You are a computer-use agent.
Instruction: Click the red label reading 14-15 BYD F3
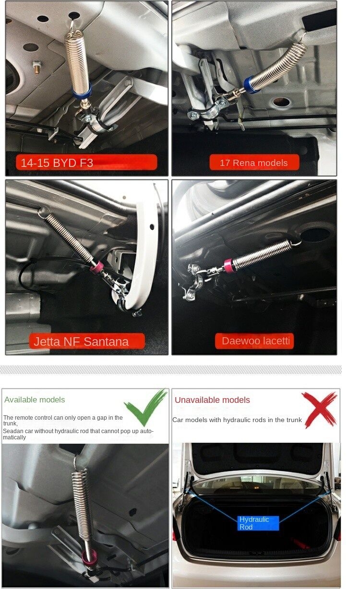86,162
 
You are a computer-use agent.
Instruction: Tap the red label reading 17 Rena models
254,163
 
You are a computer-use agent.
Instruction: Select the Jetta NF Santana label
87,342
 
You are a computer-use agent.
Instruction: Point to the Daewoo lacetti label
254,341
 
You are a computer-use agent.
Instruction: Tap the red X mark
319,410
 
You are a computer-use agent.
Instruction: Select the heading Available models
35,400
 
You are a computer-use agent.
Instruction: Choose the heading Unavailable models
212,400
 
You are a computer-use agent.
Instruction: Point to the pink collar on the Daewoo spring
229,266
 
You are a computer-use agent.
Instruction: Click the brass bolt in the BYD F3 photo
37,67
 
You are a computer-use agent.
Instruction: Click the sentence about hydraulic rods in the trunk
237,420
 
